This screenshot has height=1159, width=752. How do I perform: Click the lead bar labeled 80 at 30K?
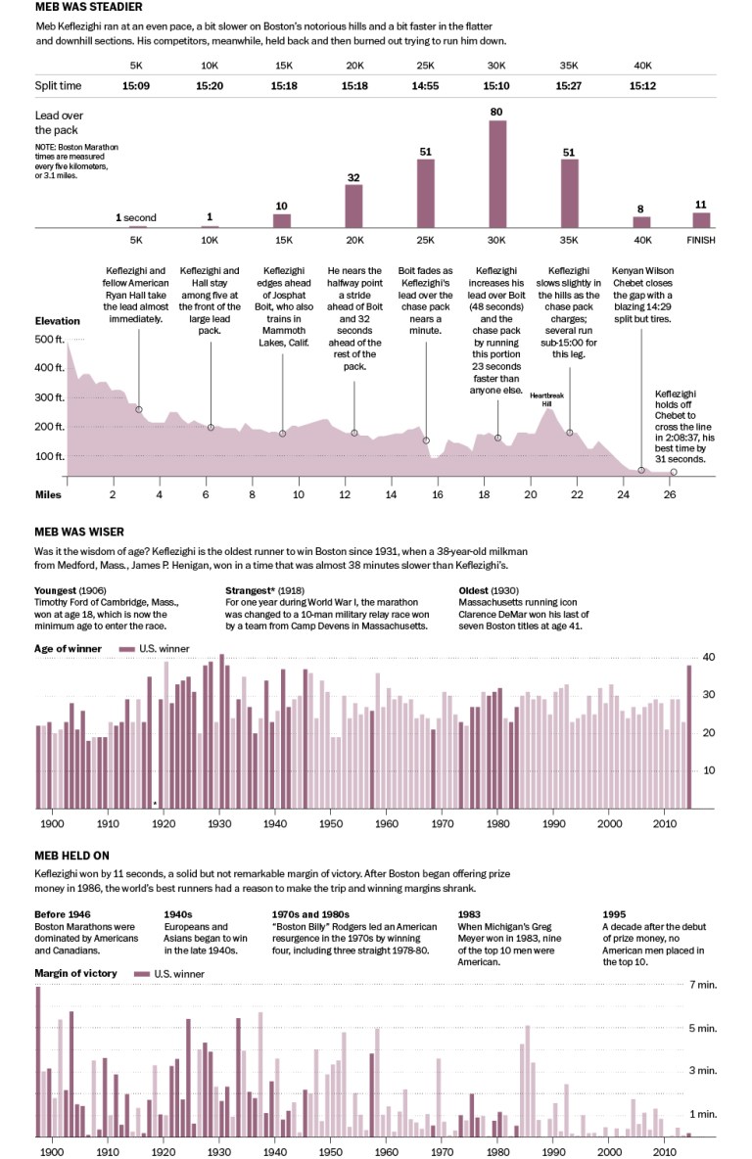point(497,173)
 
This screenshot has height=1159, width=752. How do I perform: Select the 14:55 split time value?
point(426,86)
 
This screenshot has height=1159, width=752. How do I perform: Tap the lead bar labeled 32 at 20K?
point(354,206)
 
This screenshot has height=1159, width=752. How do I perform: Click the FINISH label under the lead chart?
point(701,240)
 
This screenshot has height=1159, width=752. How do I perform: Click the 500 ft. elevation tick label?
point(48,340)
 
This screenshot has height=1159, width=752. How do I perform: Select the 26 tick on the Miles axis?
point(670,495)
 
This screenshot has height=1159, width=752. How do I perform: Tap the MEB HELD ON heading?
point(70,853)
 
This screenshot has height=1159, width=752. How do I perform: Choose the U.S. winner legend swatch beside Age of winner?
point(125,648)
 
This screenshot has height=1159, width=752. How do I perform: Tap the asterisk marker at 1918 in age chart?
point(155,805)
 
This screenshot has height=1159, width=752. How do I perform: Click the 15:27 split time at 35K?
point(569,86)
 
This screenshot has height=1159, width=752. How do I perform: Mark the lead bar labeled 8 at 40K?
point(640,222)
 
